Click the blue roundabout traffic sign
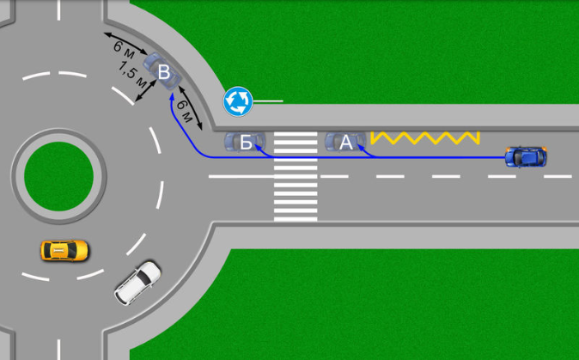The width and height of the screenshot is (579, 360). [238, 101]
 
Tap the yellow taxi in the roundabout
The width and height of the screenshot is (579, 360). [64, 251]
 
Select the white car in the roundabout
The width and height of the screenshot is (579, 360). [137, 284]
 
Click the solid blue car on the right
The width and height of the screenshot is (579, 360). [526, 157]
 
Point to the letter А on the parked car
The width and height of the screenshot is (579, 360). [346, 143]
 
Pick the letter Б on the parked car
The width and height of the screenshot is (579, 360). [246, 143]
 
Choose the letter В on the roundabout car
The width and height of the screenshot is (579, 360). [164, 72]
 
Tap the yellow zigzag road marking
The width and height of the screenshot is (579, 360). [425, 137]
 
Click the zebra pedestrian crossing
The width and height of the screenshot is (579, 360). [296, 176]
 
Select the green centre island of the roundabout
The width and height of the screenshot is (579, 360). [58, 176]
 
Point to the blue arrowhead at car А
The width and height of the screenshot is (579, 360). [361, 148]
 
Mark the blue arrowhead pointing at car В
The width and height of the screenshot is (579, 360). [171, 97]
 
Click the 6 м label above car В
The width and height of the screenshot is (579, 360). [124, 50]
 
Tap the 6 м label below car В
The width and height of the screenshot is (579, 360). [185, 110]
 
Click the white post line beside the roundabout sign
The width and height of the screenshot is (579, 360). [268, 101]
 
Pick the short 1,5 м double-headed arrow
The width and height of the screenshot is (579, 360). [145, 90]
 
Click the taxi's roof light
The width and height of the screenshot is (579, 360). [58, 251]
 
